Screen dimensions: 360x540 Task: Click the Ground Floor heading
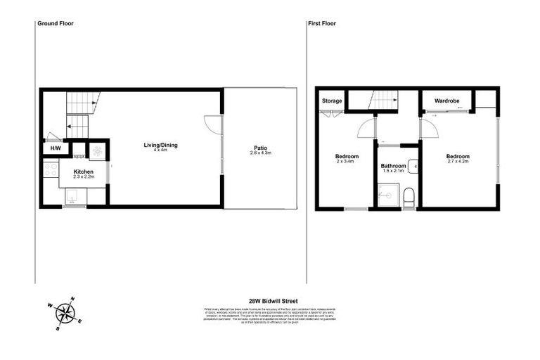55,23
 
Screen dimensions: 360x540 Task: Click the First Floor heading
322,23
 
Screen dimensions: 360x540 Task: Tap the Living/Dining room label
161,146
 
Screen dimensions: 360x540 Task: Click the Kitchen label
84,172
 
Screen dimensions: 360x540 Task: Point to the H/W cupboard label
55,149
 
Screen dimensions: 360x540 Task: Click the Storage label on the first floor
332,101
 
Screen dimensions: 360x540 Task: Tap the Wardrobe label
447,101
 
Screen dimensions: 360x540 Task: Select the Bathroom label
394,165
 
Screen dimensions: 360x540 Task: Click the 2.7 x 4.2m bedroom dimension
458,162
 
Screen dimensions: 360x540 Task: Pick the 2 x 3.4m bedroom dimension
347,162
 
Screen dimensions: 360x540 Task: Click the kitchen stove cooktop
51,169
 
